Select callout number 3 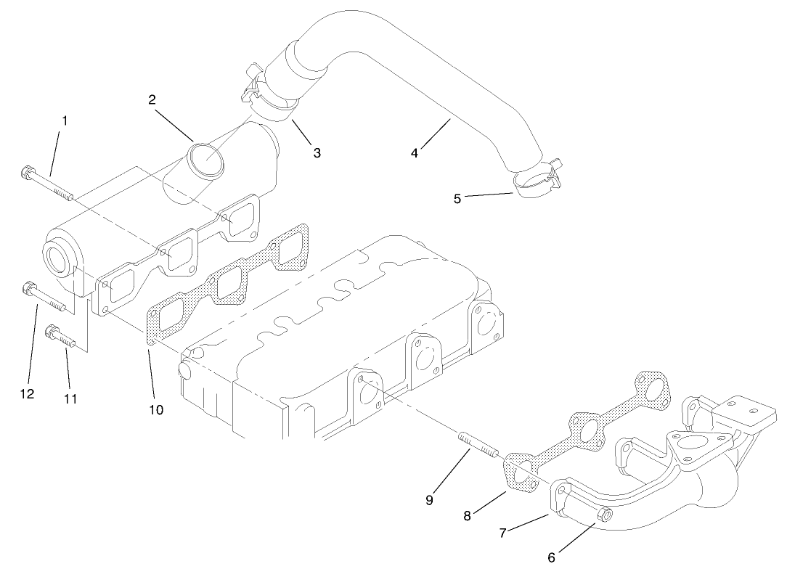(x=317, y=152)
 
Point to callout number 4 (x=415, y=153)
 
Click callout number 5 (x=457, y=198)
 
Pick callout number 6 (x=552, y=557)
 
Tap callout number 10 (x=156, y=409)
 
